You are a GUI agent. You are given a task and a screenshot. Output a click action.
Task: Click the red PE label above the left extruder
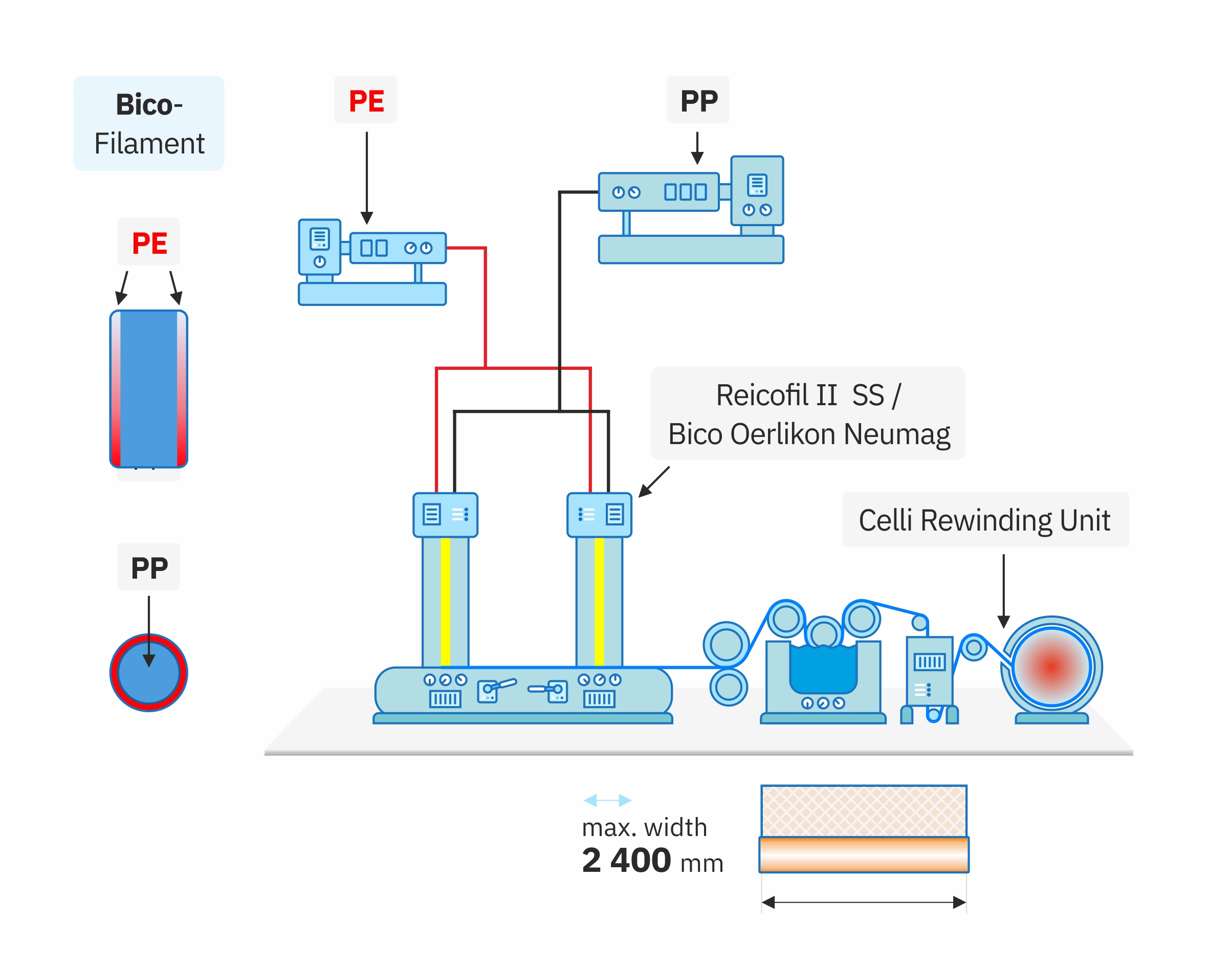click(366, 101)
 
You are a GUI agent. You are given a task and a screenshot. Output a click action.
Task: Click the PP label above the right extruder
click(699, 101)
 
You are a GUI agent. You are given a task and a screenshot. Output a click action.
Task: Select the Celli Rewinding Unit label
click(985, 519)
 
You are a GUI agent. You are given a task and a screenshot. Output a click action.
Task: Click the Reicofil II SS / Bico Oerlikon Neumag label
click(807, 414)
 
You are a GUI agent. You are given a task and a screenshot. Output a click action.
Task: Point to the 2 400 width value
click(626, 860)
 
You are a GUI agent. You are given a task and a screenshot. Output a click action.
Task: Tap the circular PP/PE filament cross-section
click(148, 672)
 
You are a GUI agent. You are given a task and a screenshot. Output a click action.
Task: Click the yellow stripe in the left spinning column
click(445, 602)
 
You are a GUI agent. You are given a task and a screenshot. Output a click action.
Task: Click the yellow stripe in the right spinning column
click(599, 602)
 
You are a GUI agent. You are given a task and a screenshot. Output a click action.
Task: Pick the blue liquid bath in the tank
click(823, 669)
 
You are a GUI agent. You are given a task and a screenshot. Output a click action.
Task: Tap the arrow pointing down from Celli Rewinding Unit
click(1004, 591)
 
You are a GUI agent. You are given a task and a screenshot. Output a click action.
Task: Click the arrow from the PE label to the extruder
click(367, 178)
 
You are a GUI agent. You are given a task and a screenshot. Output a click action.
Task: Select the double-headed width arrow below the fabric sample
click(864, 903)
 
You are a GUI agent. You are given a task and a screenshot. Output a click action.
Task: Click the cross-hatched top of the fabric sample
click(864, 811)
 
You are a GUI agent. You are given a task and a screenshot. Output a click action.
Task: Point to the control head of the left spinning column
click(445, 515)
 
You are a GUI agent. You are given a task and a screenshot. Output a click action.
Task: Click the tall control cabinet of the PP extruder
click(757, 191)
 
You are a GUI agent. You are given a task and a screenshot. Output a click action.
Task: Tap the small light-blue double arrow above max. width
click(607, 800)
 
